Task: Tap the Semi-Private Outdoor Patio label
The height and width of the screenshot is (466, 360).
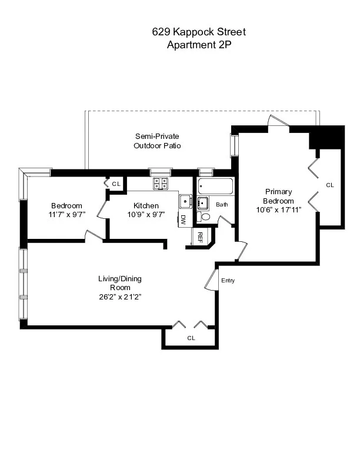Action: pyautogui.click(x=156, y=141)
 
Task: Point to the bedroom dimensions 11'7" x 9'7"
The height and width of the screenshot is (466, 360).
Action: pyautogui.click(x=66, y=215)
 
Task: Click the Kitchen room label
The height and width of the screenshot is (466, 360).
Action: pyautogui.click(x=146, y=205)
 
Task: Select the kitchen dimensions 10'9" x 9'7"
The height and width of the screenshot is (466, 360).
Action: pyautogui.click(x=146, y=215)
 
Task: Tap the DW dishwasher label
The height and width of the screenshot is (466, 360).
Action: pyautogui.click(x=184, y=220)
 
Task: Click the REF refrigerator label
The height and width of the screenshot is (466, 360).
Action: pyautogui.click(x=200, y=237)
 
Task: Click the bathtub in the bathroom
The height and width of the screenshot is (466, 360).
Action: pyautogui.click(x=215, y=187)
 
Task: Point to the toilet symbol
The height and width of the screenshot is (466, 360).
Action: pyautogui.click(x=205, y=217)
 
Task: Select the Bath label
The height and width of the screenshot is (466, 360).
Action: pyautogui.click(x=222, y=205)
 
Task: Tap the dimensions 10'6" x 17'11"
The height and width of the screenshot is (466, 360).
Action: pyautogui.click(x=278, y=210)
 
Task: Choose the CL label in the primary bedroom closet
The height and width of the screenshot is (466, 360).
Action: pyautogui.click(x=330, y=185)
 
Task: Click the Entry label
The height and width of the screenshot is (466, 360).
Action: pyautogui.click(x=228, y=281)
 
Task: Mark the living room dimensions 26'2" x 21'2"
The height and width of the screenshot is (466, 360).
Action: pyautogui.click(x=119, y=297)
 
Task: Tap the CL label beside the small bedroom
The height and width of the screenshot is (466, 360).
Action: pyautogui.click(x=116, y=184)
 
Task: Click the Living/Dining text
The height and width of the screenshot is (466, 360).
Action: pyautogui.click(x=119, y=278)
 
